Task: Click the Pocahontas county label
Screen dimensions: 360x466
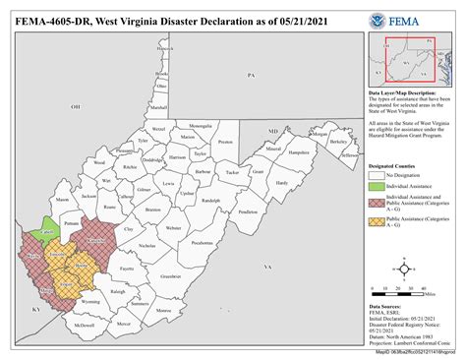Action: [202, 240]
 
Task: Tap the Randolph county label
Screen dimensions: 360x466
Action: [209, 204]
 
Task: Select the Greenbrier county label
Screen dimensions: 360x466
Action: [170, 276]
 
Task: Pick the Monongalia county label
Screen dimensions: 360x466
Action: [200, 126]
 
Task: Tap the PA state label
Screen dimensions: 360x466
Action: [251, 75]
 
